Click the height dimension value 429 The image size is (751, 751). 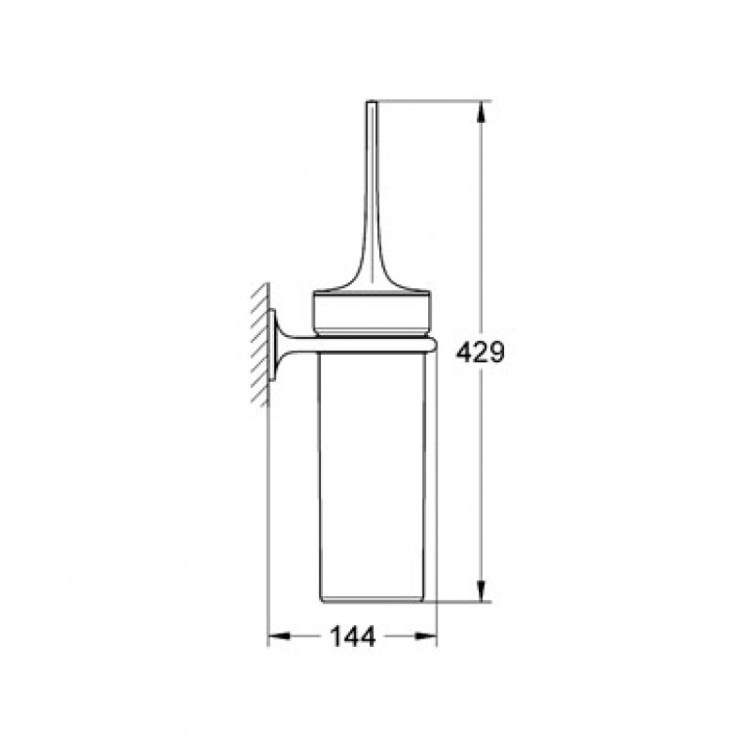[x=480, y=354]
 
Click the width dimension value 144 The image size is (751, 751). [x=353, y=636]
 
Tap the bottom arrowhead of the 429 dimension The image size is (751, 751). [x=483, y=590]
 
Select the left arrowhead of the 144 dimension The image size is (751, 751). [x=278, y=636]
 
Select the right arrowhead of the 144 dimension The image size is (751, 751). [x=426, y=636]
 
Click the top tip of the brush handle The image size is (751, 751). [x=372, y=101]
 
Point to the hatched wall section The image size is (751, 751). [x=260, y=345]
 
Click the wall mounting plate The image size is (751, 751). [x=272, y=345]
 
